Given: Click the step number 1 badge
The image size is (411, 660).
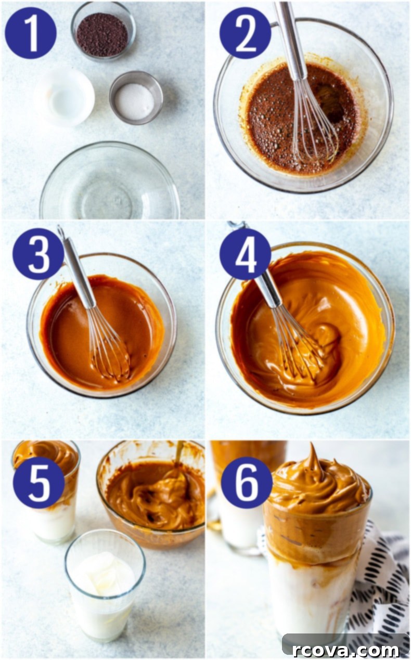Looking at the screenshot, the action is click(31, 33).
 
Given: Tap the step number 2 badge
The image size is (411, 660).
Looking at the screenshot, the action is click(246, 33).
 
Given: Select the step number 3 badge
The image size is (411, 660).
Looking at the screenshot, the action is click(38, 254).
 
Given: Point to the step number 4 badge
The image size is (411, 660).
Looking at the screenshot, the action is click(246, 254).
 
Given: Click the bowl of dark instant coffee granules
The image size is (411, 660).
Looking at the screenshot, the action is click(103, 32).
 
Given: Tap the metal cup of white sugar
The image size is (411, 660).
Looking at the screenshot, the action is click(136, 98).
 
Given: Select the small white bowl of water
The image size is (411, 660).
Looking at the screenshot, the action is click(65, 97).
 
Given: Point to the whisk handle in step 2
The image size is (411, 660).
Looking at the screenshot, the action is click(290, 41).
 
